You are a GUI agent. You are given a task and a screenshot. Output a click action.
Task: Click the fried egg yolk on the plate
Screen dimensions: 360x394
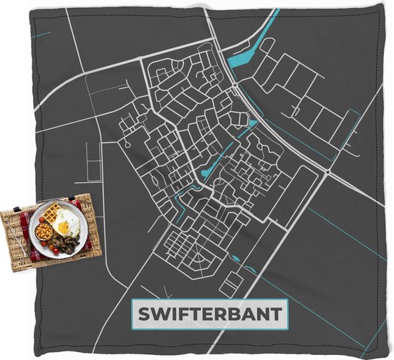(64, 227)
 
